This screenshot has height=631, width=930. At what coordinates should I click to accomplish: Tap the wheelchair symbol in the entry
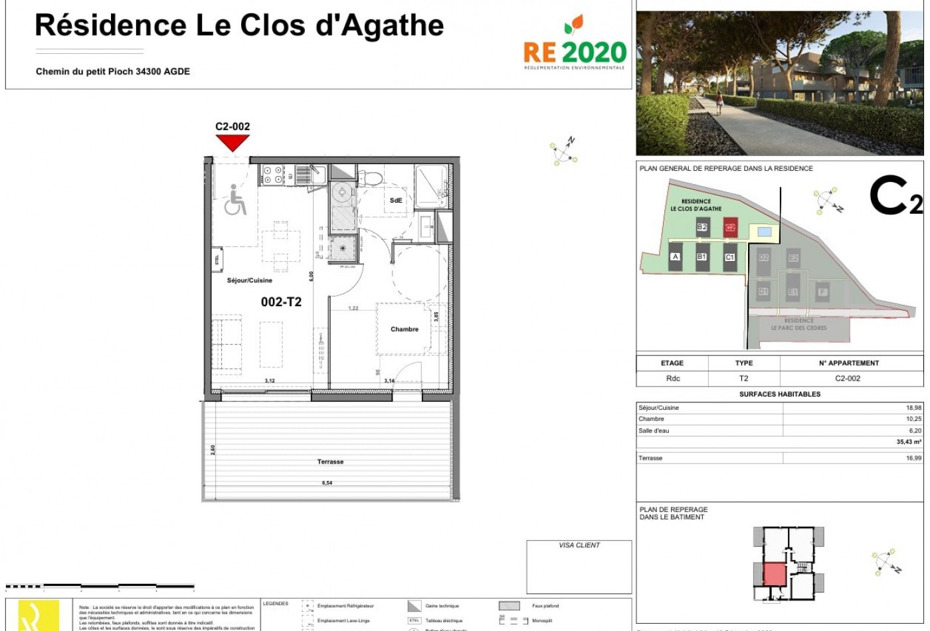234,200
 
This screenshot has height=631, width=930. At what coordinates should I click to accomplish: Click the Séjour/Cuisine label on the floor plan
249,280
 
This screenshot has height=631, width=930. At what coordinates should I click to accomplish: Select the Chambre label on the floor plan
404,329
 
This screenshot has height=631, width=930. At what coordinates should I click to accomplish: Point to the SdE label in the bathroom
396,200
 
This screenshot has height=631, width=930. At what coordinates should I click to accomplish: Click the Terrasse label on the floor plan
330,462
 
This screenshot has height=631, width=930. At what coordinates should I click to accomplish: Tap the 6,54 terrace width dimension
327,483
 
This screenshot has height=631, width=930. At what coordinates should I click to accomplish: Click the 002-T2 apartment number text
281,302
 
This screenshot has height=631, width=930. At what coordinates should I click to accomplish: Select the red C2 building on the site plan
730,227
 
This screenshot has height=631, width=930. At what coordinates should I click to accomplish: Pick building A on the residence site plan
675,256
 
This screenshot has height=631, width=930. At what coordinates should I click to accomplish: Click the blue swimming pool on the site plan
764,232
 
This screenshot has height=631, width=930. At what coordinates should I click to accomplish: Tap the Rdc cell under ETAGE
672,379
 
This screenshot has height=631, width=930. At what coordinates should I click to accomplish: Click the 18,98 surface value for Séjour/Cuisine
913,408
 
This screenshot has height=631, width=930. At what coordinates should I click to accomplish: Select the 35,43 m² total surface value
908,442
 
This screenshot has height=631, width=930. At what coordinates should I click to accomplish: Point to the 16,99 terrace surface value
913,458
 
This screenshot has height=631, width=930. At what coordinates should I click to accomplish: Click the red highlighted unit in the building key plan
774,574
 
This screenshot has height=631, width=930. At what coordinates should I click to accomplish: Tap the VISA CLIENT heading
579,545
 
